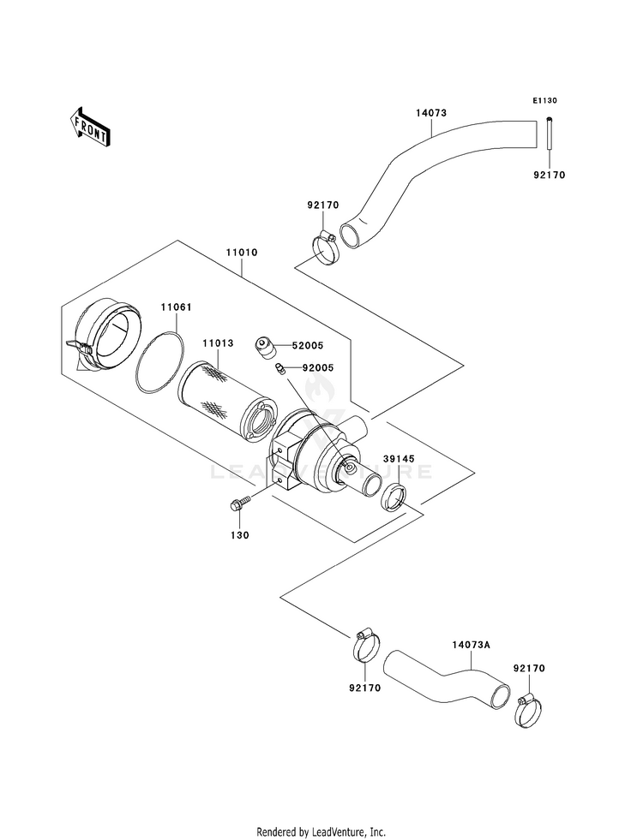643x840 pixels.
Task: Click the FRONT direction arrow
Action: point(90,127)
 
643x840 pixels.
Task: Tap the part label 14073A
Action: point(471,645)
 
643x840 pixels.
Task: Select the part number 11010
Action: point(241,253)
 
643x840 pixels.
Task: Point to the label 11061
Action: point(177,307)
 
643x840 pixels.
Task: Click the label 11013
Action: point(218,343)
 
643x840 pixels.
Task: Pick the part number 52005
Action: point(307,346)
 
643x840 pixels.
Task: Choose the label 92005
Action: point(317,368)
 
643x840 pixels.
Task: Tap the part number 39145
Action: point(399,459)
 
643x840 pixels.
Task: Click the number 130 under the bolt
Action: point(240,535)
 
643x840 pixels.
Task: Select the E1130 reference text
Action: point(544,100)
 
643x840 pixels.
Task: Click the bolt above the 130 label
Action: point(240,503)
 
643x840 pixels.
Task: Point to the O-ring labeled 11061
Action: point(159,363)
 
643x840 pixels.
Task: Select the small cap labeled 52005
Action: point(265,347)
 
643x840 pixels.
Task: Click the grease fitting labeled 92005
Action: point(280,370)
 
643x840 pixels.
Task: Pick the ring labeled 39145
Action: point(394,497)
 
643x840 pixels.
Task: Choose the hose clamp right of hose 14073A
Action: point(528,712)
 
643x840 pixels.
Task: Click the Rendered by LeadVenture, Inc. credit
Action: point(321,832)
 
